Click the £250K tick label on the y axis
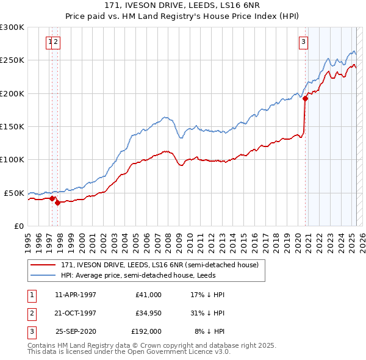(x=12, y=60)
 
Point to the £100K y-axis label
(x=12, y=160)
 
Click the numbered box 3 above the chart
(x=303, y=42)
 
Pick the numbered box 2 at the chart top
(x=56, y=42)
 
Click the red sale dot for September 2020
(x=305, y=99)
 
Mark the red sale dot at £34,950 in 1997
(x=57, y=203)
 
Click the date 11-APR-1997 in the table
(x=76, y=295)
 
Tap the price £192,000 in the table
(x=146, y=331)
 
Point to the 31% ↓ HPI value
(x=208, y=313)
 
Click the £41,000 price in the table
(x=149, y=295)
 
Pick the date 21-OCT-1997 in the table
(x=76, y=313)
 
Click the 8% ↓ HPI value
(x=209, y=331)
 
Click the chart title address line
(x=183, y=8)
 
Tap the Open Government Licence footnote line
(x=129, y=352)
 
